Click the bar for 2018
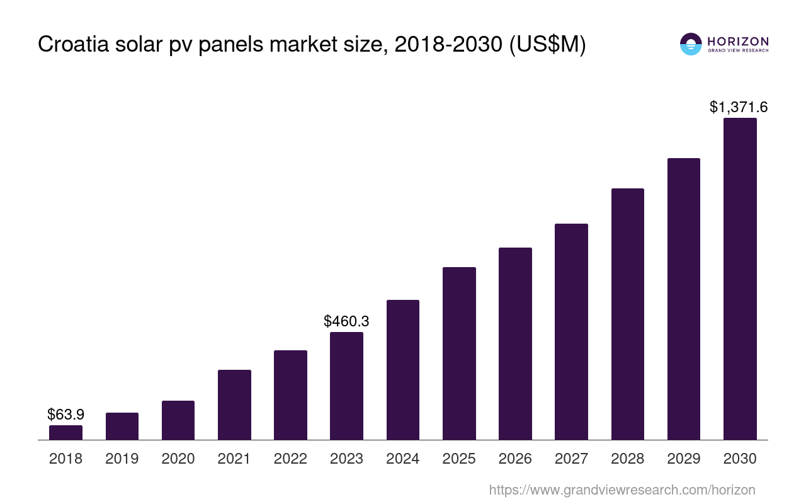(x=65, y=432)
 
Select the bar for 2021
(x=234, y=404)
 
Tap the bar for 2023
(x=346, y=386)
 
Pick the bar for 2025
(x=459, y=353)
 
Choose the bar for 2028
(x=627, y=314)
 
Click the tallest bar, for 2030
(x=740, y=278)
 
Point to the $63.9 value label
(x=65, y=415)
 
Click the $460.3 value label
(x=346, y=321)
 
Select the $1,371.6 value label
(x=739, y=107)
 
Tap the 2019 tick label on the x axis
(x=122, y=459)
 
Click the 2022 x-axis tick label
(x=290, y=459)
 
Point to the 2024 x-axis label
(x=403, y=459)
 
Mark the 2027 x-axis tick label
(x=571, y=459)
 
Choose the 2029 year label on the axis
(x=684, y=459)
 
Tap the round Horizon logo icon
(x=691, y=44)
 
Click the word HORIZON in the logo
(x=738, y=41)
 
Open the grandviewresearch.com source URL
(x=622, y=490)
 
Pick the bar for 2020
(x=178, y=420)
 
